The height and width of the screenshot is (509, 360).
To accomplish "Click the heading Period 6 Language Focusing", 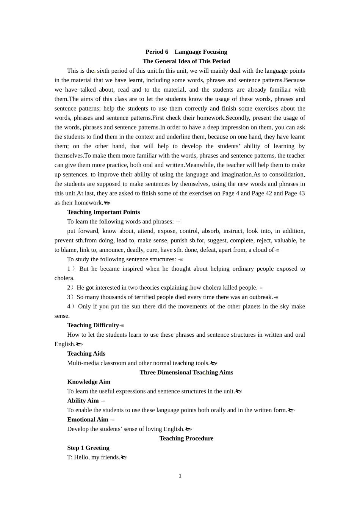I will click(186, 52).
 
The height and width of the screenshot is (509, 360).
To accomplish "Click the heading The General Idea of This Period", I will click(186, 61).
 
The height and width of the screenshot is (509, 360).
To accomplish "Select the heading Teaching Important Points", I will click(103, 212).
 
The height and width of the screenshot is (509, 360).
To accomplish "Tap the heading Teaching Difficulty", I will click(93, 325).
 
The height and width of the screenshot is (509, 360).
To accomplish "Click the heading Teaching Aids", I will click(86, 354).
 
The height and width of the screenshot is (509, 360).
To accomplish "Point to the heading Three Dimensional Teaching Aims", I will click(186, 372).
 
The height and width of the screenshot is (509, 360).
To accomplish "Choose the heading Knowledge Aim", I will click(89, 382).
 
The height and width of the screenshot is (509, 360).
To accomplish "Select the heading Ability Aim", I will click(83, 401).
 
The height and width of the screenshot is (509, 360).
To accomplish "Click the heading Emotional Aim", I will click(88, 420).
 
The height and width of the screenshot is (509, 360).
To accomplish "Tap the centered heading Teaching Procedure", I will click(186, 438).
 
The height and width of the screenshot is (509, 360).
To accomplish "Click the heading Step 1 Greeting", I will click(88, 448).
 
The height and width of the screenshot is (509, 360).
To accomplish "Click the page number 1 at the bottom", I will click(180, 476).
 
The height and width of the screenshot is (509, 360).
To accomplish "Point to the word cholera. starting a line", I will click(64, 278).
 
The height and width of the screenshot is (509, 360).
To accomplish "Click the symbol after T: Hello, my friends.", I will click(124, 457).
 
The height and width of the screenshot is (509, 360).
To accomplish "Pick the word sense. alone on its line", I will click(62, 316).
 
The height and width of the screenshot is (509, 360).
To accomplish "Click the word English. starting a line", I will click(65, 344).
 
